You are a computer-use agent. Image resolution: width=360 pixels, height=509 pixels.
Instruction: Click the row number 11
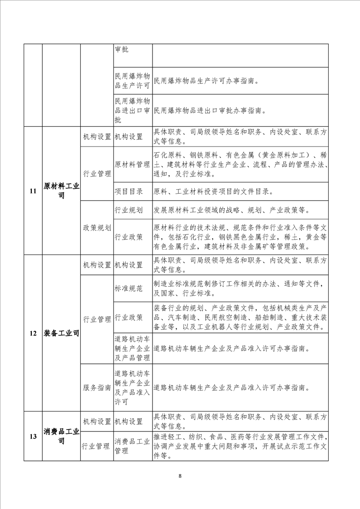pos(33,191)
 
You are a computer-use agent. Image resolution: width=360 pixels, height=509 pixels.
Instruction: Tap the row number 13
pos(33,436)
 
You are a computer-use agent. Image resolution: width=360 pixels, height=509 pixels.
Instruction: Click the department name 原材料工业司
pos(61,191)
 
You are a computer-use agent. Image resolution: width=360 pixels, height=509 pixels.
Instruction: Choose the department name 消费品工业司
pos(61,436)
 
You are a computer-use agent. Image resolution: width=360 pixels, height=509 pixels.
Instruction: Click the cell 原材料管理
pos(133,164)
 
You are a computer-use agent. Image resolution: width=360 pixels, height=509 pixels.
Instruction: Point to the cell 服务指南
pos(97,388)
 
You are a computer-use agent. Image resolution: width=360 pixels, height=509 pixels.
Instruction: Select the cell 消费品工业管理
pos(133,446)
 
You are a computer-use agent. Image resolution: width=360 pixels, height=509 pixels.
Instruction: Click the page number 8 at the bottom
pos(180,476)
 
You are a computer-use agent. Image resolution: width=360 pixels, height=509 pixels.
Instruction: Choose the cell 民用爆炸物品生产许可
pos(133,81)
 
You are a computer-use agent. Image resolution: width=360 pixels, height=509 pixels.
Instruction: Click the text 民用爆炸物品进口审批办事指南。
pos(209,110)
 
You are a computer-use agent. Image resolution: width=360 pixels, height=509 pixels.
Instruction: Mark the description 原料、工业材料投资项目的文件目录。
pos(213,191)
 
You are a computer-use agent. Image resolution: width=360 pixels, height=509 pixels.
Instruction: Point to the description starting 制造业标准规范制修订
pos(239,288)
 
